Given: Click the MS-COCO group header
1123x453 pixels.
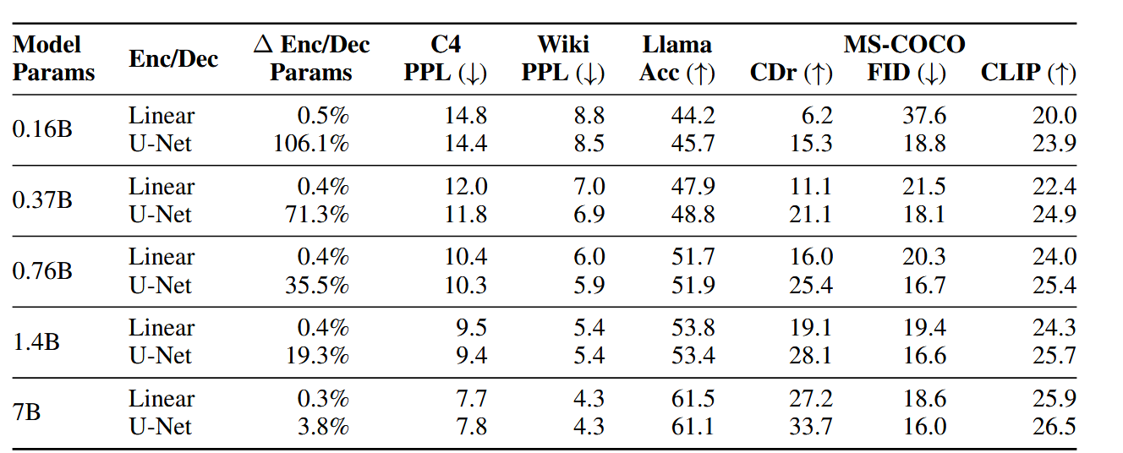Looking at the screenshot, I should coord(904,44).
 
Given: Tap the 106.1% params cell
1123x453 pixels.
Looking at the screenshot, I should coord(310,144).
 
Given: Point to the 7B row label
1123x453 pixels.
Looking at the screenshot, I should coord(28,412).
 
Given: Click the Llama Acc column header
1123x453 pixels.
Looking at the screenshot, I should coord(677,58).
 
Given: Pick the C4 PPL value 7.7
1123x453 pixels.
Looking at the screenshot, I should coord(466,399).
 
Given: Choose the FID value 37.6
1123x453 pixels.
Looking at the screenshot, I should coord(923,116).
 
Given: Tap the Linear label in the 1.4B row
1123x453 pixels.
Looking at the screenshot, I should coord(162,328).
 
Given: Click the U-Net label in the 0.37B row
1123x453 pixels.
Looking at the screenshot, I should coord(160,215).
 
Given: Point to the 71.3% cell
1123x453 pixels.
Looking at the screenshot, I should coord(317,215).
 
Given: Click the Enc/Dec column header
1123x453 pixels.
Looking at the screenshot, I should coord(173,58).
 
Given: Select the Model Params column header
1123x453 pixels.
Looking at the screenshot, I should coord(54,58).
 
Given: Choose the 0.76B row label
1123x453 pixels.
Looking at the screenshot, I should coord(42,271).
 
